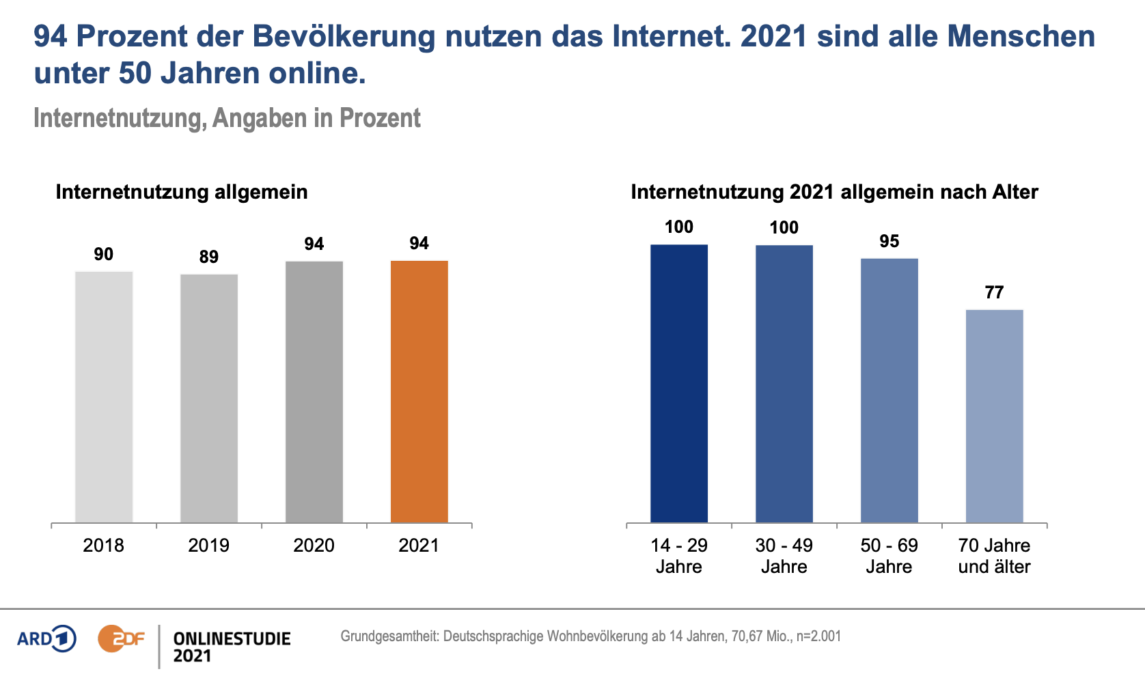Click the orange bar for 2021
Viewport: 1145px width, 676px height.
[419, 392]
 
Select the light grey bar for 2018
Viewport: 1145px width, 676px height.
[104, 397]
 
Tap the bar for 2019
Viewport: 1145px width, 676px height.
[209, 399]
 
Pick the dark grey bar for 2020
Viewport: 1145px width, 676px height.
[314, 392]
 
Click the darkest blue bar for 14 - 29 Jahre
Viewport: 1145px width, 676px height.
[679, 384]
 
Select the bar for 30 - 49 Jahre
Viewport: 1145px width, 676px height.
[784, 384]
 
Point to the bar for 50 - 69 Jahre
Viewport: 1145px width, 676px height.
[889, 391]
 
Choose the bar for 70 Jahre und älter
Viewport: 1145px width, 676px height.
[994, 417]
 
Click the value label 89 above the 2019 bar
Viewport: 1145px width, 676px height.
[209, 257]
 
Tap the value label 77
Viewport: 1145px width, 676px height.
[994, 292]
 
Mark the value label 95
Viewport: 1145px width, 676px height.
[889, 241]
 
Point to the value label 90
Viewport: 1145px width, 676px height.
[104, 254]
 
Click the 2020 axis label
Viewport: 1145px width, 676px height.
[314, 545]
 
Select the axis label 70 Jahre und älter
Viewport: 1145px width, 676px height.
[994, 556]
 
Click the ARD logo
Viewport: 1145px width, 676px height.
[46, 639]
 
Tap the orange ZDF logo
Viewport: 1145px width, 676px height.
[121, 639]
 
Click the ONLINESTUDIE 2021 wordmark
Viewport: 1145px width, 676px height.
[232, 647]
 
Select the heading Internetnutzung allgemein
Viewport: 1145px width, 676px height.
[182, 192]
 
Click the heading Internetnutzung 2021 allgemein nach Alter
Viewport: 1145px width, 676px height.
[834, 192]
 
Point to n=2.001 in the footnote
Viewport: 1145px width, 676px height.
[818, 636]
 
